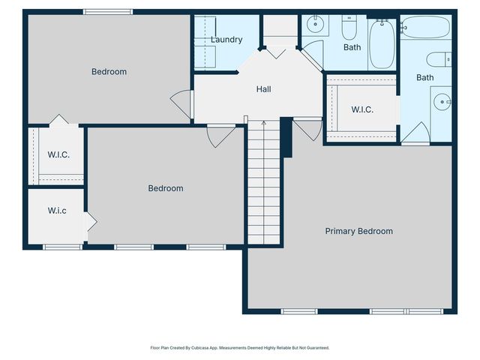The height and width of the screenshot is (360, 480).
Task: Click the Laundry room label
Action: [226, 40]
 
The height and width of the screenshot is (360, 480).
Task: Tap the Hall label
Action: [263, 89]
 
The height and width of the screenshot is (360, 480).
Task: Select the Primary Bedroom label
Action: [358, 231]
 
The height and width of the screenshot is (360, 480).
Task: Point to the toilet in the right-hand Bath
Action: [439, 59]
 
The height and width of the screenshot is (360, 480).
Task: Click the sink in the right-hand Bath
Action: [442, 101]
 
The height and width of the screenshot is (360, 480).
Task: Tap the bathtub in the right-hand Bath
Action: [425, 27]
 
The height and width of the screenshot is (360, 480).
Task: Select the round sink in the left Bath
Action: [315, 23]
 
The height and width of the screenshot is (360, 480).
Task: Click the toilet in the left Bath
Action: [349, 27]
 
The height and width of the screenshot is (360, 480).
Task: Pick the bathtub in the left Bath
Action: [382, 44]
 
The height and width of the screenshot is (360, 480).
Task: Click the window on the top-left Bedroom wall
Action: [108, 12]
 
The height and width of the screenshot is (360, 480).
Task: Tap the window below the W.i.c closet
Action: [63, 247]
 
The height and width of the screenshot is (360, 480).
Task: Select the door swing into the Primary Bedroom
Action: [308, 130]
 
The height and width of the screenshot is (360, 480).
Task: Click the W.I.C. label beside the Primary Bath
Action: [362, 109]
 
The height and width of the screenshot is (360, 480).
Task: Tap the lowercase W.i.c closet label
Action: [57, 211]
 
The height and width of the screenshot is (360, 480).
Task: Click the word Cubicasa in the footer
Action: [199, 348]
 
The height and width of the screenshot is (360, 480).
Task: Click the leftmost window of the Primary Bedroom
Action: [300, 311]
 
